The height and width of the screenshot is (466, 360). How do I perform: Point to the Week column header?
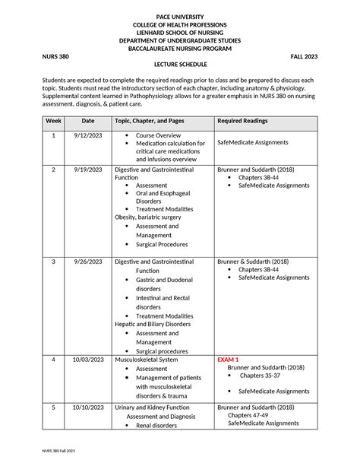(53, 121)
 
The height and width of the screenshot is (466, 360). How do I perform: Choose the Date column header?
(88, 121)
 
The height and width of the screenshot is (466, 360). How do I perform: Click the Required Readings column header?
(248, 121)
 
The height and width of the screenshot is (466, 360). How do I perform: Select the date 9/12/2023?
(88, 136)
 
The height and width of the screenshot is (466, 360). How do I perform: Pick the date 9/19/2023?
(88, 170)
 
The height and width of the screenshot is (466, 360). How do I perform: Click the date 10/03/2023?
(88, 360)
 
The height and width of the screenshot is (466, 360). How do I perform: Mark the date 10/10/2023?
(88, 407)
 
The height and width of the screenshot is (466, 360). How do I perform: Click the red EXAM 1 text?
(229, 360)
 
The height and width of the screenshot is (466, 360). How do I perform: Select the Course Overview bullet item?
(158, 136)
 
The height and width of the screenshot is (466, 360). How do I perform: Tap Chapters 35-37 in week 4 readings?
(260, 376)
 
